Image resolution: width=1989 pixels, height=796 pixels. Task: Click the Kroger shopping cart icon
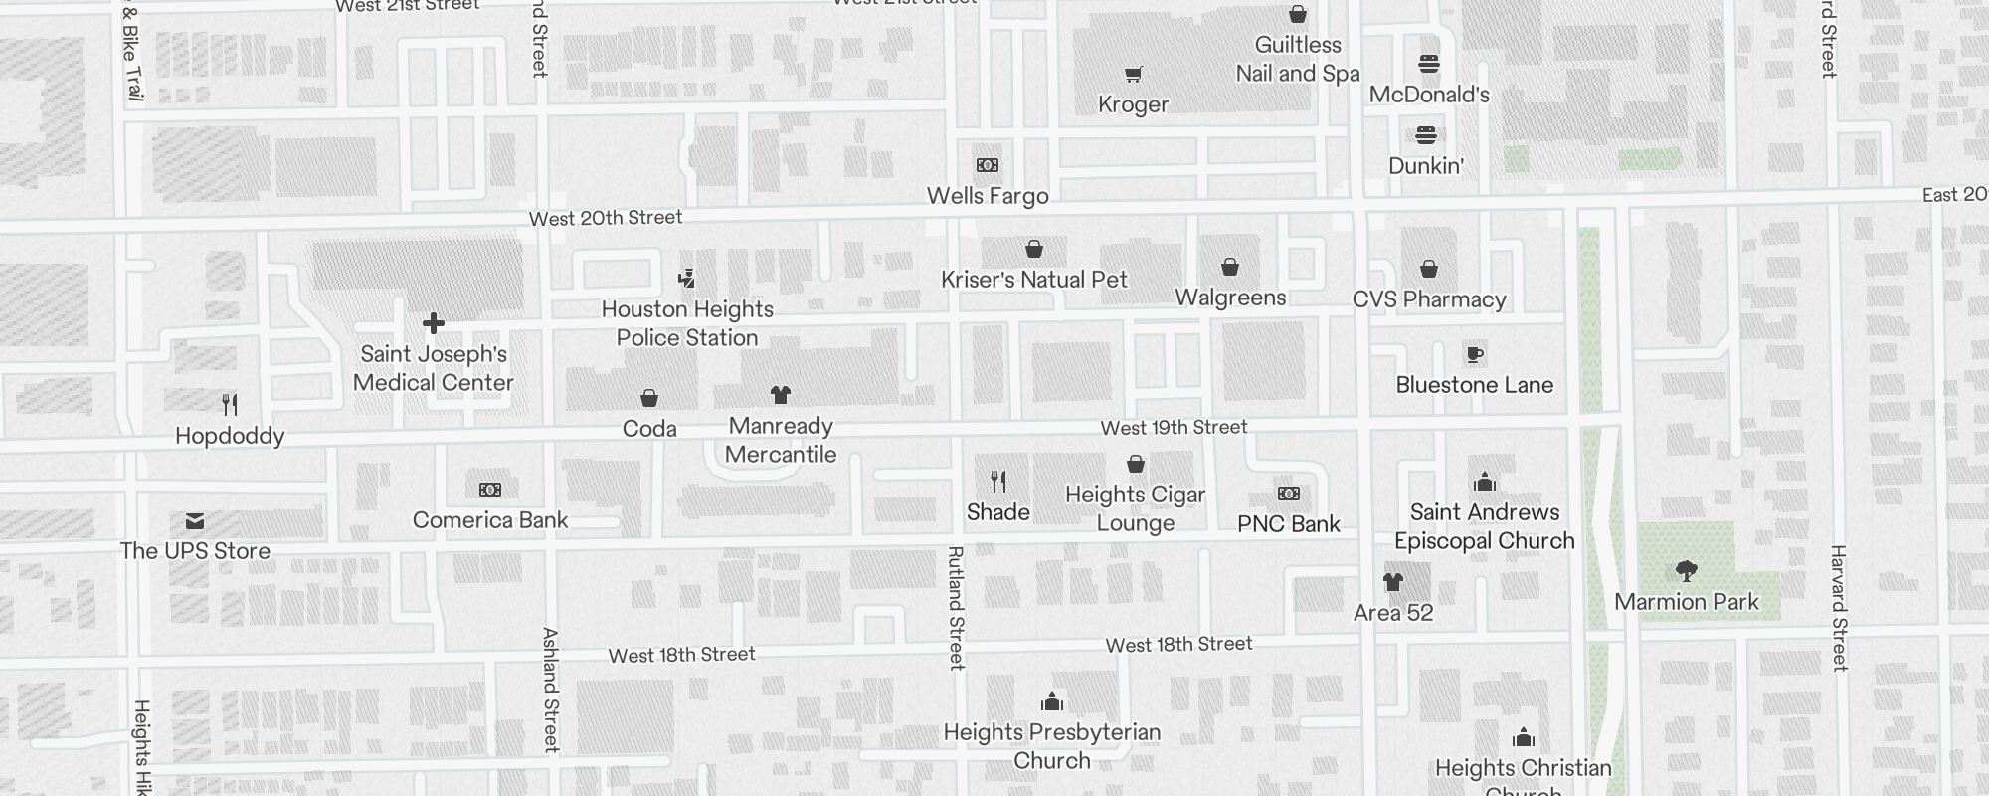pos(1133,75)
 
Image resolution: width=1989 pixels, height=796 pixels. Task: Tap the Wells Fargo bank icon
pos(988,165)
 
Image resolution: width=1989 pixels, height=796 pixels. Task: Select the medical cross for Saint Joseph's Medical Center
pos(434,323)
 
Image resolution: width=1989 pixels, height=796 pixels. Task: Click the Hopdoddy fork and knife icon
pos(230,405)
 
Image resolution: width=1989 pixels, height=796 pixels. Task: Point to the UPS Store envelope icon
pos(195,521)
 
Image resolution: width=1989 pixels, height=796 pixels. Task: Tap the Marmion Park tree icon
pos(1686,571)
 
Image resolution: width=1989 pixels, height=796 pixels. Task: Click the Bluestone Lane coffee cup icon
pos(1475,354)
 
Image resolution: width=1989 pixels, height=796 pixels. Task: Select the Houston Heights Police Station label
pos(687,323)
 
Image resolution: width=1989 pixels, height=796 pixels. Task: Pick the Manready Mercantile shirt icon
pos(781,395)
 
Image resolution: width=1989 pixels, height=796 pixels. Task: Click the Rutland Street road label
pos(956,607)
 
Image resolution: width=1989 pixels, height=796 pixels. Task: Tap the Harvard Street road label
pos(1839,607)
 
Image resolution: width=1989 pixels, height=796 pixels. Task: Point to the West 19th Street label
pos(1174,428)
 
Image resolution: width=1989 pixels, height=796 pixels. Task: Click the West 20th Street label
pos(606,218)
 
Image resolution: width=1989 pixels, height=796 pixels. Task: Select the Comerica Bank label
pos(490,520)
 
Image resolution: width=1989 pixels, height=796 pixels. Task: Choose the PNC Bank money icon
pos(1288,494)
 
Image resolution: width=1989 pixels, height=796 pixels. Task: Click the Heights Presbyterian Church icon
pos(1052,702)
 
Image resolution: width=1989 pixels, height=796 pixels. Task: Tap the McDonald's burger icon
pos(1429,65)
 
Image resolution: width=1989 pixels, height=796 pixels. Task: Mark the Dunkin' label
pos(1426,166)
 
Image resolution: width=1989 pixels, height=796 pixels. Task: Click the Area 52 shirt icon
pos(1393,582)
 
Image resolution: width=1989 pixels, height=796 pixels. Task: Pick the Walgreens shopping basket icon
pos(1230,267)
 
